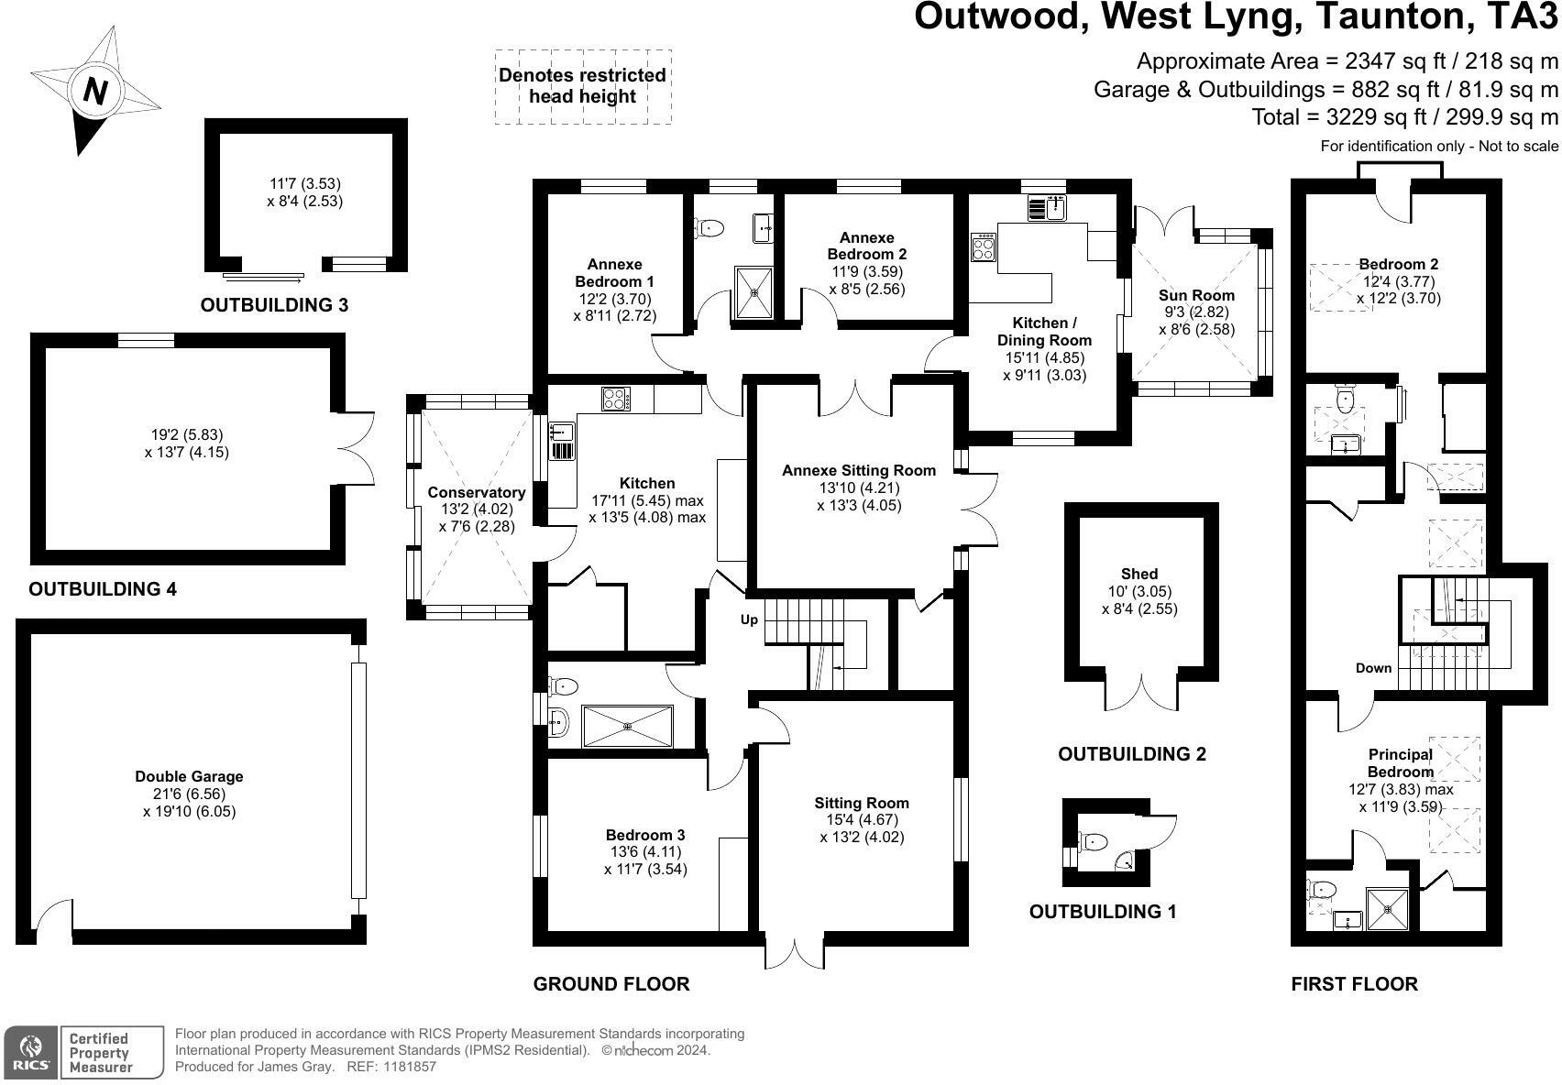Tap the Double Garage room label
(x=189, y=776)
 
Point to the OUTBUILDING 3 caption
(x=274, y=305)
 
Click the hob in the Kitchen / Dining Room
(x=984, y=247)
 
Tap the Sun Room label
(x=1196, y=295)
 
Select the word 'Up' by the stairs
(x=749, y=619)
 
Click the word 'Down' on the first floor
(x=1373, y=668)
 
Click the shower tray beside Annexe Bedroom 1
(x=753, y=293)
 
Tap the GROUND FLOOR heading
(x=610, y=984)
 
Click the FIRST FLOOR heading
(x=1354, y=984)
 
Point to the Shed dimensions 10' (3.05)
(x=1139, y=592)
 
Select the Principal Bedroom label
(x=1400, y=762)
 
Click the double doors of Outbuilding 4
(x=357, y=449)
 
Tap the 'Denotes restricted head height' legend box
(x=583, y=86)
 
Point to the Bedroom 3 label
(x=644, y=835)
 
